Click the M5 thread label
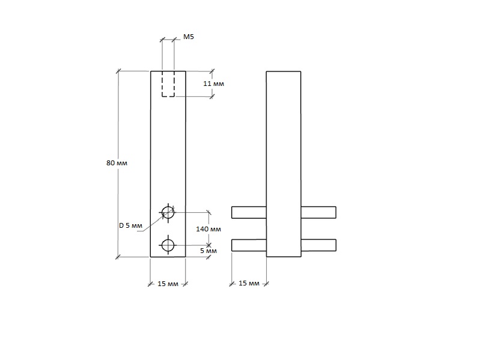coord(188,37)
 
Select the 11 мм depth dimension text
coord(213,84)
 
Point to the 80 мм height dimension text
coord(117,163)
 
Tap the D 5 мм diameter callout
coord(130,225)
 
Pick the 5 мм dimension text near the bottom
coord(208,250)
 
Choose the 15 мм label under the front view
coord(168,284)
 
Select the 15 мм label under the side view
coord(249,283)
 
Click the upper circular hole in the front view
coord(168,212)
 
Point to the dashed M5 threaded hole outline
coord(168,84)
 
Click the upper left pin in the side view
coord(249,212)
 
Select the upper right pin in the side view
coord(318,212)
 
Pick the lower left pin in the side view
coord(249,245)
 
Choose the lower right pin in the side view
coord(318,245)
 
